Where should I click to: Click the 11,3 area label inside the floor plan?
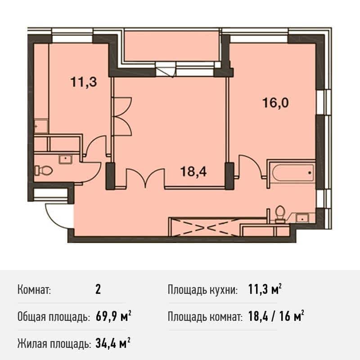click(x=84, y=82)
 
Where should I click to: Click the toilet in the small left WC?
click(x=44, y=171)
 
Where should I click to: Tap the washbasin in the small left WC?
click(x=66, y=158)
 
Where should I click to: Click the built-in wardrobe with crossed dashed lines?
click(x=203, y=226)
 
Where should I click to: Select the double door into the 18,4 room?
click(x=144, y=178)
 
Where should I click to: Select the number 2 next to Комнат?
click(x=98, y=289)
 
